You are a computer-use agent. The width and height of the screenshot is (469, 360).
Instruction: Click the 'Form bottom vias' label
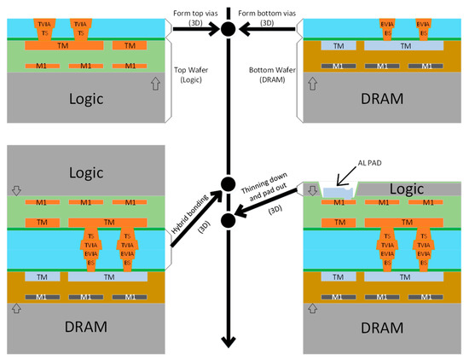266,12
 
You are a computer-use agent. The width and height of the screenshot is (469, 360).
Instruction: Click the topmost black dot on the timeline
228,30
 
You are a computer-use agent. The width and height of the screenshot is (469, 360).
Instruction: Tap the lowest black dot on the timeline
228,222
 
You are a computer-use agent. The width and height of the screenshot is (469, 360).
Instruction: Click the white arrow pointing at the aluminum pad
345,177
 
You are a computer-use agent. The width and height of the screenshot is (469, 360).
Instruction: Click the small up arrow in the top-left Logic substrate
154,84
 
